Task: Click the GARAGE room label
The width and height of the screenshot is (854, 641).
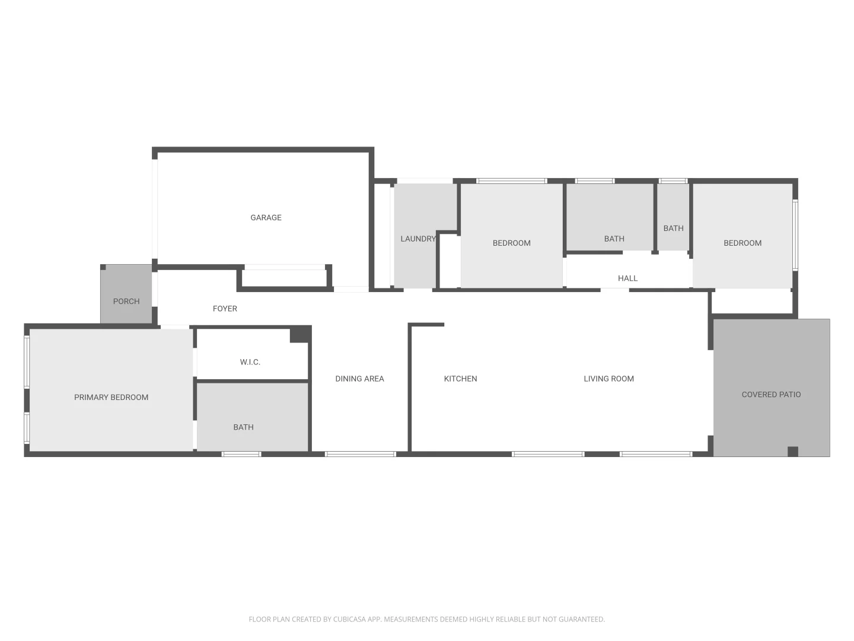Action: (266, 218)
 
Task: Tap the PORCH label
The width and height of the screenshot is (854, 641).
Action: (126, 302)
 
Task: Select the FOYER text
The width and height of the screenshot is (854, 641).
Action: (225, 309)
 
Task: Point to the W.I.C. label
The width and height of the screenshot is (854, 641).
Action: (250, 362)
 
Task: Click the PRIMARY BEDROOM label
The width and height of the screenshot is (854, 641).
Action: (111, 398)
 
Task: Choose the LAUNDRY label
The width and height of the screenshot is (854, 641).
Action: (418, 239)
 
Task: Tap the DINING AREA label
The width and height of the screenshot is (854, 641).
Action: (359, 379)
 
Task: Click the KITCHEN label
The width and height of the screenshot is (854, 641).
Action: (460, 379)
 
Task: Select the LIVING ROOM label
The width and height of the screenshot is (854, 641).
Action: (608, 379)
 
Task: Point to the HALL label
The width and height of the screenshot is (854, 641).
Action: (627, 278)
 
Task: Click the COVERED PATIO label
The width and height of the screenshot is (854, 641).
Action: (771, 395)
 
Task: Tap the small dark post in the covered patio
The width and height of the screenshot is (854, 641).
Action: (793, 452)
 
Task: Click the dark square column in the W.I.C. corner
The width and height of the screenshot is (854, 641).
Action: (299, 335)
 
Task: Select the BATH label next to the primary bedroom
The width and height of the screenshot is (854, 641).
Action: (243, 427)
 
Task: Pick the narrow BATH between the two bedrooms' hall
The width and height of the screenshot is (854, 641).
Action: (673, 229)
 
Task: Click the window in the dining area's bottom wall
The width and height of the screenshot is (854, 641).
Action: (360, 454)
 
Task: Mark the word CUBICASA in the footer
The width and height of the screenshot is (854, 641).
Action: (349, 619)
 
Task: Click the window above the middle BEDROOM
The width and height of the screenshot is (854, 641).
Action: (511, 180)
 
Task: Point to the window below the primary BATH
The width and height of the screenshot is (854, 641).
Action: (241, 454)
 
